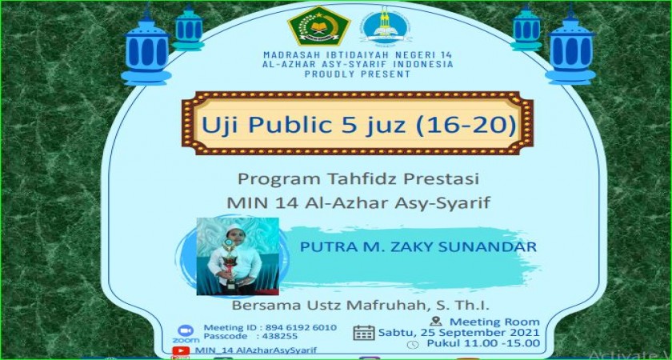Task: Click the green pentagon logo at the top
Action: coord(319,26)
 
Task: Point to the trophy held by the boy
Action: coord(230,265)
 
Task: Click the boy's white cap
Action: coord(234,229)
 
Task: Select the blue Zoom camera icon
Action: coord(186,331)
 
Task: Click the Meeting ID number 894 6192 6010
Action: coord(302,328)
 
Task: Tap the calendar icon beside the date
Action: coord(364,333)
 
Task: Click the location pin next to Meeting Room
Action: coord(436,322)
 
